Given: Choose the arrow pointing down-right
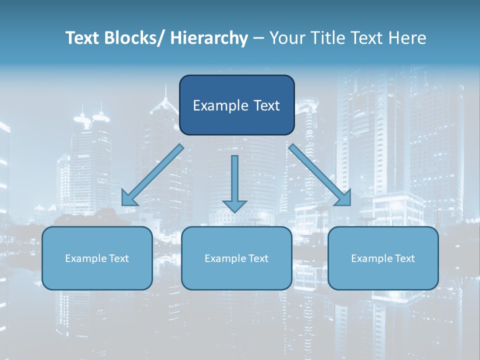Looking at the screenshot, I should (x=320, y=175).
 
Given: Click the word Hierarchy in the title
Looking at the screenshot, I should (x=209, y=38).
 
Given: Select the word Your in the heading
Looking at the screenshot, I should (x=286, y=38).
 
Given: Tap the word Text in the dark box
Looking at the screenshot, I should (x=266, y=105).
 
